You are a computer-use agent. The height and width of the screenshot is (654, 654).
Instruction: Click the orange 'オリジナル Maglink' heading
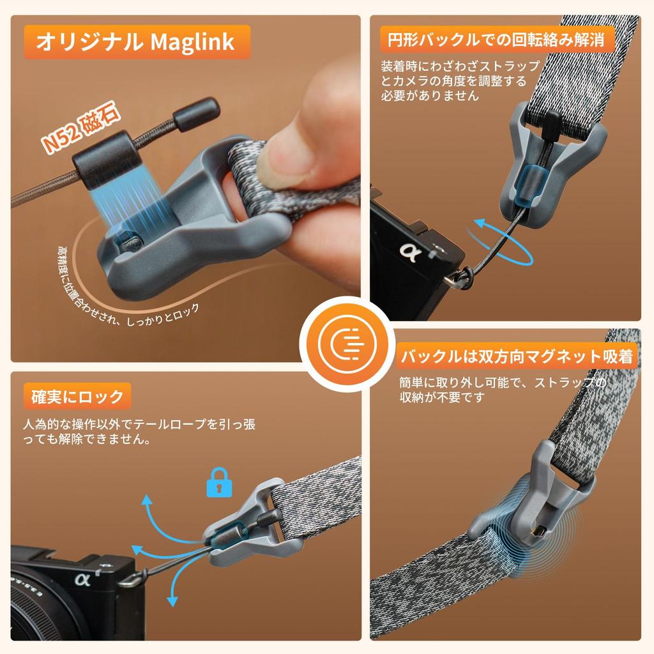pyautogui.click(x=135, y=42)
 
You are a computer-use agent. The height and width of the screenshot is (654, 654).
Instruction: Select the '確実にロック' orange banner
pyautogui.click(x=77, y=396)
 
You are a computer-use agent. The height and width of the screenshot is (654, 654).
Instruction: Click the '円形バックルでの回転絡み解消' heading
pyautogui.click(x=498, y=40)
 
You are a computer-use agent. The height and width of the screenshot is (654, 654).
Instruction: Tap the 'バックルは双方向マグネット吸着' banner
pyautogui.click(x=517, y=356)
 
